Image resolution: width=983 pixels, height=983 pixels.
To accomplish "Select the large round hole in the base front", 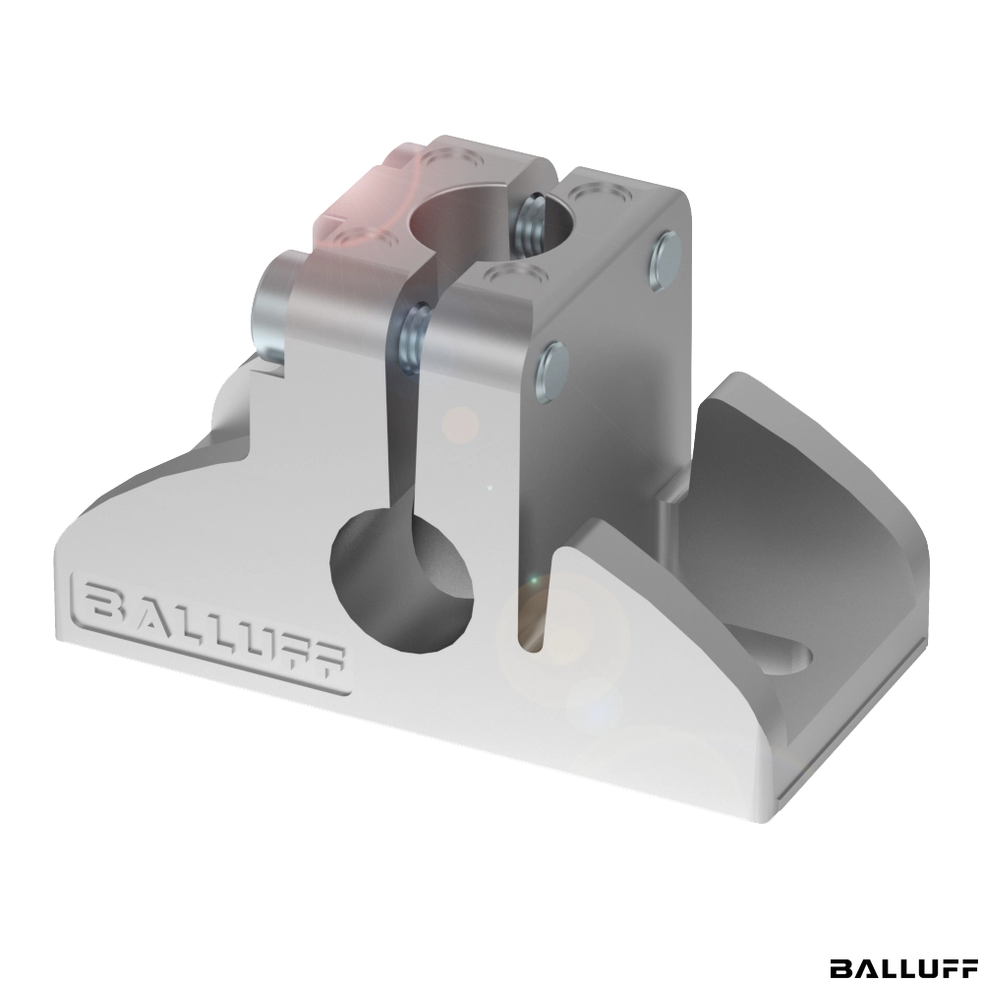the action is click(x=400, y=579).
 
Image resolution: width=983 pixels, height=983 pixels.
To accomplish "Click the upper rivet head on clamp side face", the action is click(x=663, y=260).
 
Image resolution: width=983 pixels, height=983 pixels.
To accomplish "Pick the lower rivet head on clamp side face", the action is click(x=551, y=372).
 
